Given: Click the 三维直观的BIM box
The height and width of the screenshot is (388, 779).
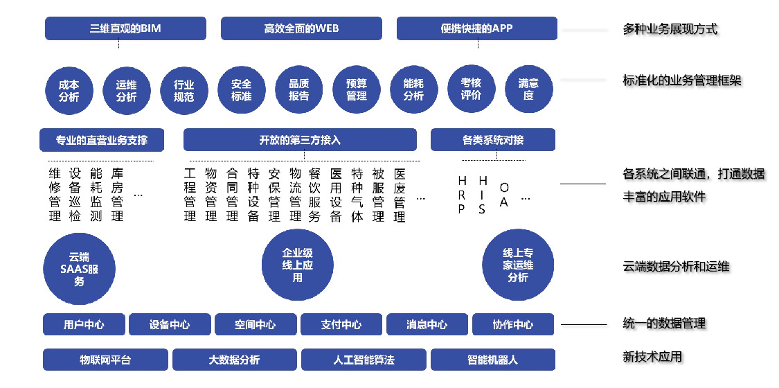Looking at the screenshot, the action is (x=126, y=28).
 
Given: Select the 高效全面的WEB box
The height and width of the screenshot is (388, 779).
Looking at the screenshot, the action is (x=302, y=28).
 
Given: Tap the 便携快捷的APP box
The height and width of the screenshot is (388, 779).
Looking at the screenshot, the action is (x=476, y=28).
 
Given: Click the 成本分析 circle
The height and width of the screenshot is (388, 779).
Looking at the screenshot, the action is (x=69, y=90).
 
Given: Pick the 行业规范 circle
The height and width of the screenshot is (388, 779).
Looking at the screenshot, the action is (x=183, y=90).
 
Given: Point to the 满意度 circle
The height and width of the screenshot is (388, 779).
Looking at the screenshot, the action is (x=528, y=90).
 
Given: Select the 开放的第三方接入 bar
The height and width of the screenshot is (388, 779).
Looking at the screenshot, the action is (x=300, y=139).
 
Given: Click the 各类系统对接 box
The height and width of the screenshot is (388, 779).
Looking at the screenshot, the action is (x=493, y=139).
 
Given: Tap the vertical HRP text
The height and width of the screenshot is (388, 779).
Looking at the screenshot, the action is (x=462, y=195).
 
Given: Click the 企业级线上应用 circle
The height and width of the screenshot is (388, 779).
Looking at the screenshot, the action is (x=297, y=265).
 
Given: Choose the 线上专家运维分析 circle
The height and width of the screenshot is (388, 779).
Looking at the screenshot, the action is (x=518, y=265).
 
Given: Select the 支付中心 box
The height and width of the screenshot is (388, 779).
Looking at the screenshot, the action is (x=341, y=325).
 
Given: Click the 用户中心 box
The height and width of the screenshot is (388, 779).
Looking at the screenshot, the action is (x=84, y=325).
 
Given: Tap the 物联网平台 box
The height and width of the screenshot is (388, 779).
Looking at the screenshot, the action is (x=106, y=360).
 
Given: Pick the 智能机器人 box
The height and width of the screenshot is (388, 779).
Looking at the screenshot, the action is (x=493, y=360).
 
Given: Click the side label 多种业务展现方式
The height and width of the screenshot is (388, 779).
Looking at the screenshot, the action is (x=670, y=29).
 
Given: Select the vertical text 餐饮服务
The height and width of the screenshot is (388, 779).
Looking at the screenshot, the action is (x=314, y=195).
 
